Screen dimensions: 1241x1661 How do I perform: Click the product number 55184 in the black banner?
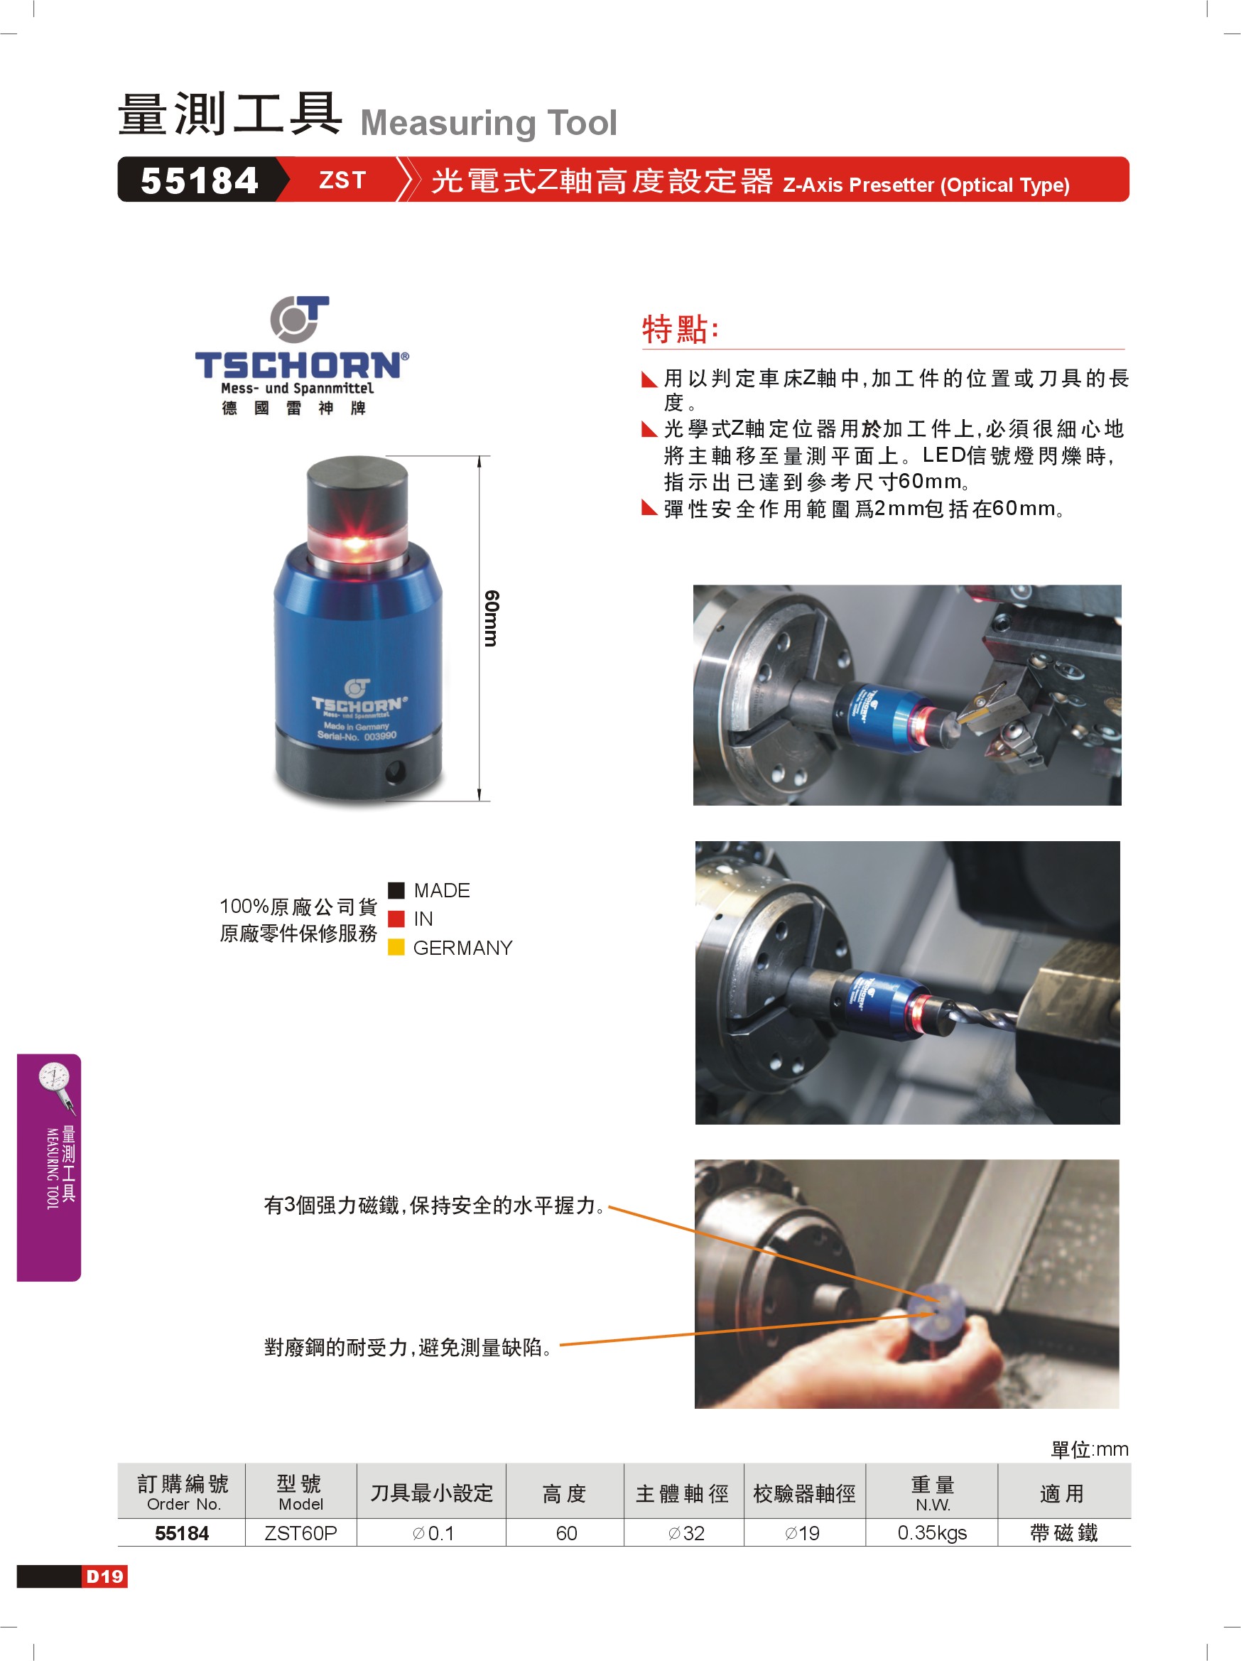[x=199, y=181]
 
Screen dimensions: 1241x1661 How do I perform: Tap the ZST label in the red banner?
[x=342, y=180]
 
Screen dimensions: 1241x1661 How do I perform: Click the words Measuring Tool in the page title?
[x=489, y=122]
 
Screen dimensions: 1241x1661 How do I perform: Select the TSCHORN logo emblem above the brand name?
[x=299, y=320]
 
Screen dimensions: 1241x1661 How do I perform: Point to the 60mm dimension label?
[x=491, y=618]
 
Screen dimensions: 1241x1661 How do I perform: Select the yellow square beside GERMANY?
[x=396, y=947]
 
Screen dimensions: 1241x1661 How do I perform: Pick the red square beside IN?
[x=396, y=919]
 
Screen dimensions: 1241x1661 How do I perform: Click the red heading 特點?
[x=681, y=329]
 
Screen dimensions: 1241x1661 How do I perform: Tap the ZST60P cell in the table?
[x=300, y=1532]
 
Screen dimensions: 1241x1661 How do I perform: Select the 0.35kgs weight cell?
[x=932, y=1532]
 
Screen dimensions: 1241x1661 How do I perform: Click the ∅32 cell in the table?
[x=685, y=1532]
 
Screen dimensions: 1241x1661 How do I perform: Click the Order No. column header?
[x=183, y=1504]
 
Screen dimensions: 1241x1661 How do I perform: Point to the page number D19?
[x=104, y=1576]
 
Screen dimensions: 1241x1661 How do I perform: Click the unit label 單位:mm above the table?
[x=1090, y=1449]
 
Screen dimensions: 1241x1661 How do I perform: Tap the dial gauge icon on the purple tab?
[x=56, y=1086]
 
